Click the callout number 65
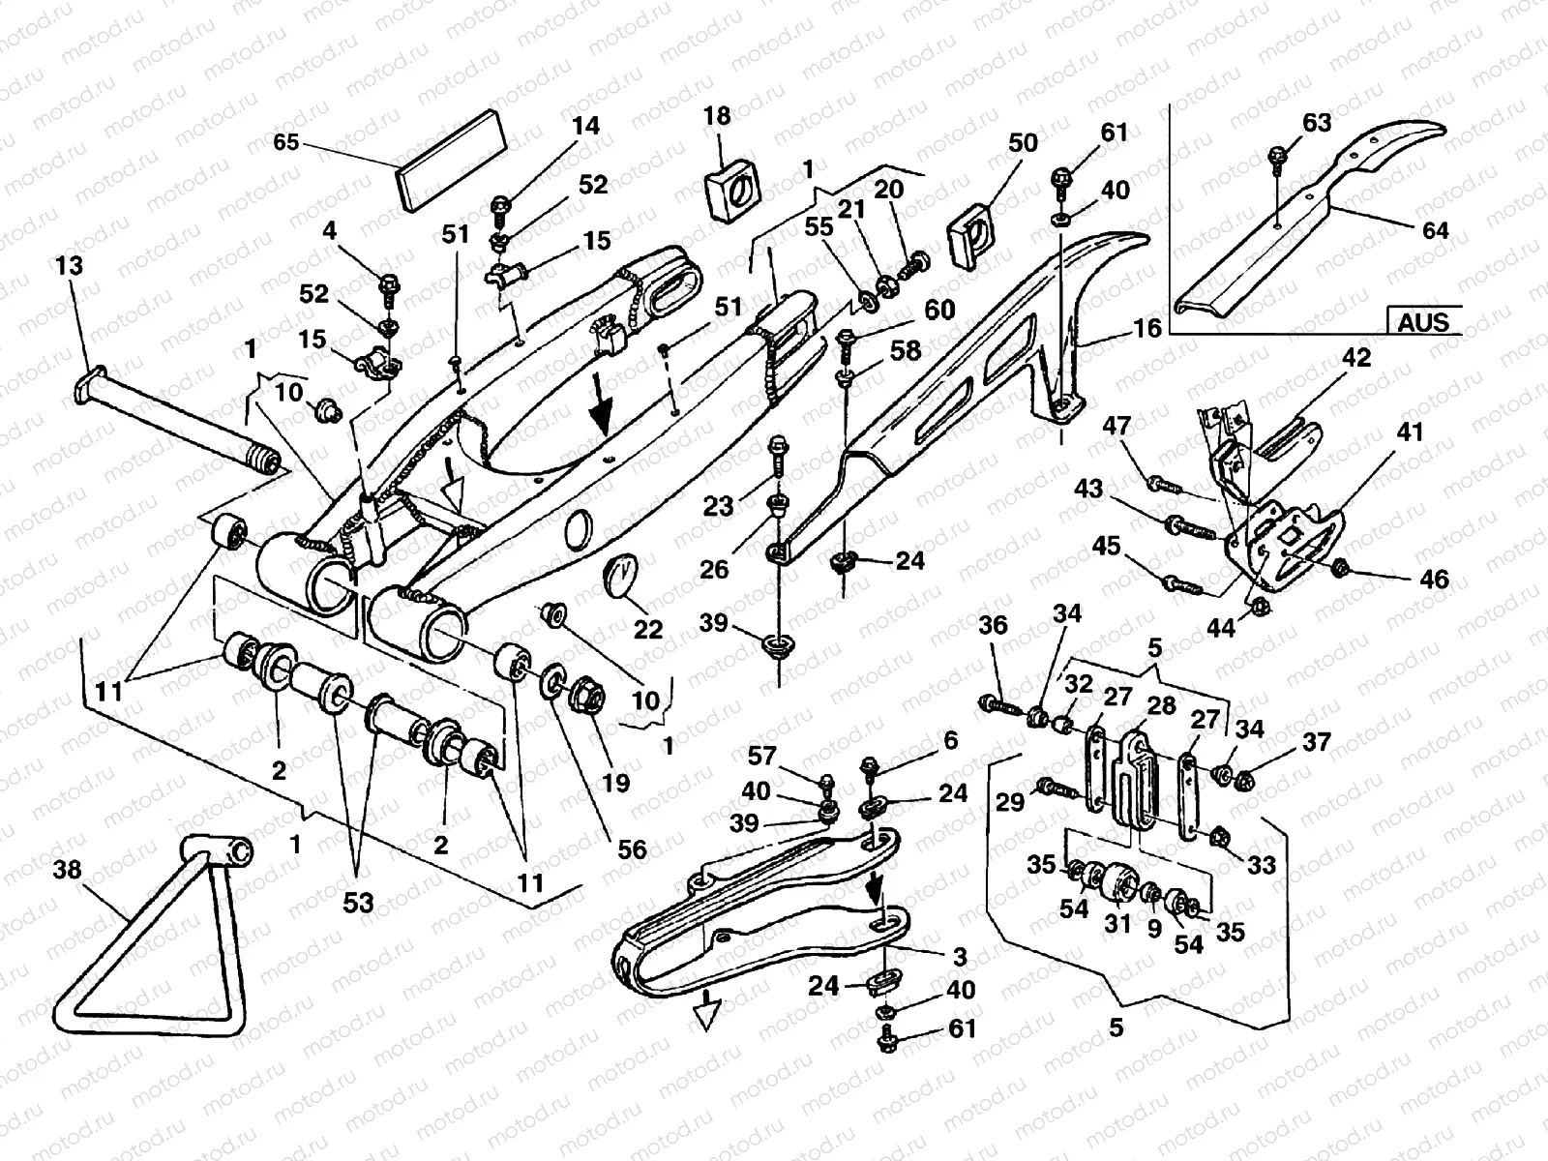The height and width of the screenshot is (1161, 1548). [x=286, y=141]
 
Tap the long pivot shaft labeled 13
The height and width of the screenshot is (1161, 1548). [x=174, y=416]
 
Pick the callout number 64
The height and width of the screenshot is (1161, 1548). [x=1435, y=230]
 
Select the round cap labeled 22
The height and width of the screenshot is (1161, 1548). [x=621, y=572]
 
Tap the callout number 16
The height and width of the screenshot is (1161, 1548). [x=1146, y=329]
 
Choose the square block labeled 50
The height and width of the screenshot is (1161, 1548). [x=976, y=232]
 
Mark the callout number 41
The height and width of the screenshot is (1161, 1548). [x=1411, y=432]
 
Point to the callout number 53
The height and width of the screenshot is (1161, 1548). [x=358, y=903]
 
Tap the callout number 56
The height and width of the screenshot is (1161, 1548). [x=633, y=848]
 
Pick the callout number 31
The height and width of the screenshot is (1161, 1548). [x=1117, y=924]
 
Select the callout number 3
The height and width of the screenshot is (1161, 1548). [x=959, y=958]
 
